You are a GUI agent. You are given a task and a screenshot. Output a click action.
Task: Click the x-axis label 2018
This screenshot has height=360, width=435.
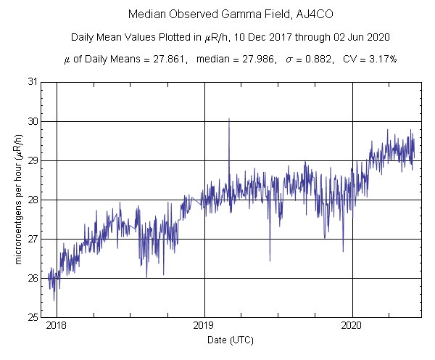point(57,327)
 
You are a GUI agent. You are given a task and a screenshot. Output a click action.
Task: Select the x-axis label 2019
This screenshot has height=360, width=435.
point(204,327)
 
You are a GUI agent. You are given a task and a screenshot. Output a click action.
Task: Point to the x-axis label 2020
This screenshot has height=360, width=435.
point(352,327)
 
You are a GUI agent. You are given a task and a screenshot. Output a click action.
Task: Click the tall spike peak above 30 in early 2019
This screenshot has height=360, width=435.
point(229,119)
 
